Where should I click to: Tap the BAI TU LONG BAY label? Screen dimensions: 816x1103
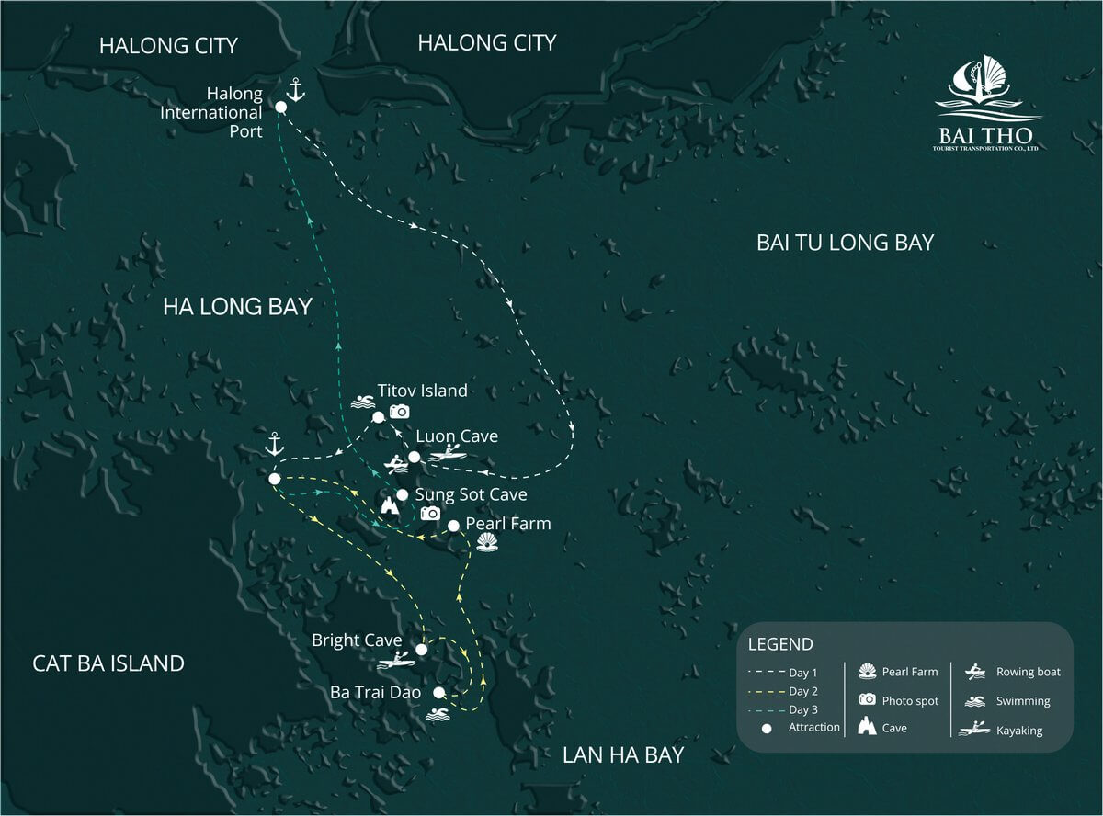[x=845, y=243]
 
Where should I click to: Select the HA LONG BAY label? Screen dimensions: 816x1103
[x=237, y=307]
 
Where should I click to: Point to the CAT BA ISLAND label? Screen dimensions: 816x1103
[x=108, y=663]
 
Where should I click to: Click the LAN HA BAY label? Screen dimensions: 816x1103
[x=623, y=755]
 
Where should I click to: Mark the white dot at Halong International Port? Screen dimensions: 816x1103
[x=280, y=108]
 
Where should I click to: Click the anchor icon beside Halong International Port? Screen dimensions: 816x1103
[x=295, y=89]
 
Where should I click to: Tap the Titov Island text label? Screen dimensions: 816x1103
[x=422, y=391]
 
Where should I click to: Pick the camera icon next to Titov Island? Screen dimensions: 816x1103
[x=399, y=412]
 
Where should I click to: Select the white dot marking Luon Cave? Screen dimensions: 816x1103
[x=414, y=457]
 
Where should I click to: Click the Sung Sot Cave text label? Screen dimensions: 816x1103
[x=471, y=495]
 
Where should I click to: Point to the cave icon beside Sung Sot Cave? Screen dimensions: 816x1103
[x=391, y=506]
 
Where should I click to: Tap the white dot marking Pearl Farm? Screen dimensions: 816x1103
[x=453, y=526]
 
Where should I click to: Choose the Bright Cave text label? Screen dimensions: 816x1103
[x=357, y=640]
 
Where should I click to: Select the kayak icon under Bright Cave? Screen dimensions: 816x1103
[x=397, y=660]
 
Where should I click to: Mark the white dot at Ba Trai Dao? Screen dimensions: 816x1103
[x=439, y=692]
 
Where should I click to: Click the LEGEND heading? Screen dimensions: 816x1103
[x=780, y=644]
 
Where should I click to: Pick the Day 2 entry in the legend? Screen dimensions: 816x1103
[x=802, y=691]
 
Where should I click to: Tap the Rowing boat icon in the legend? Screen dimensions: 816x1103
[x=975, y=672]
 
